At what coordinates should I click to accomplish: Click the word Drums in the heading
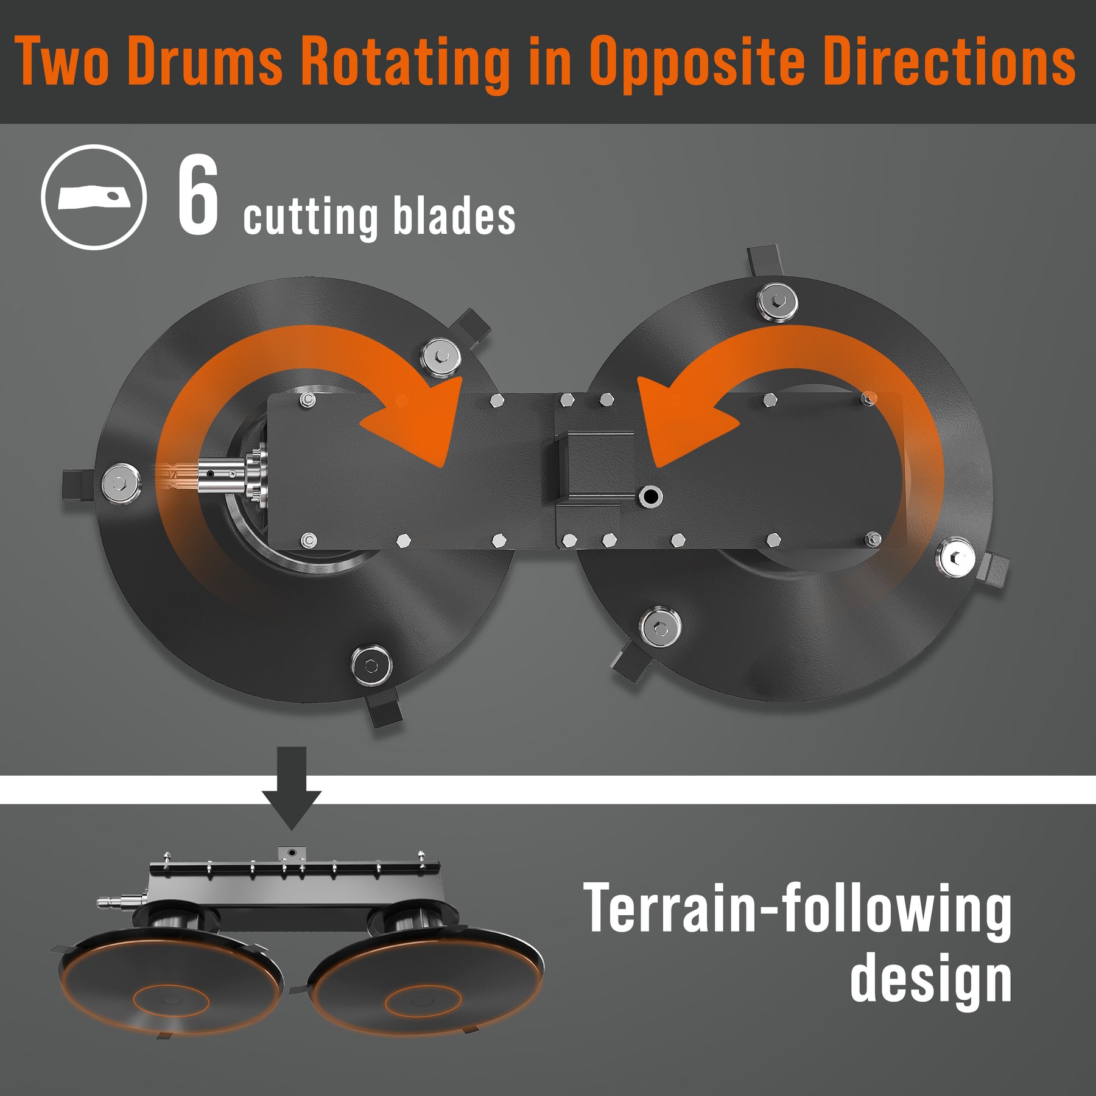(205, 61)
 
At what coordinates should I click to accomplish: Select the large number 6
(198, 194)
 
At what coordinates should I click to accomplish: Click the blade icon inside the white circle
(94, 197)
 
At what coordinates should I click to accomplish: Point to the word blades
(454, 216)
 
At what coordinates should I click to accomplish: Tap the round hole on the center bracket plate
(651, 497)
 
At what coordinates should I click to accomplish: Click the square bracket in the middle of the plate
(594, 465)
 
